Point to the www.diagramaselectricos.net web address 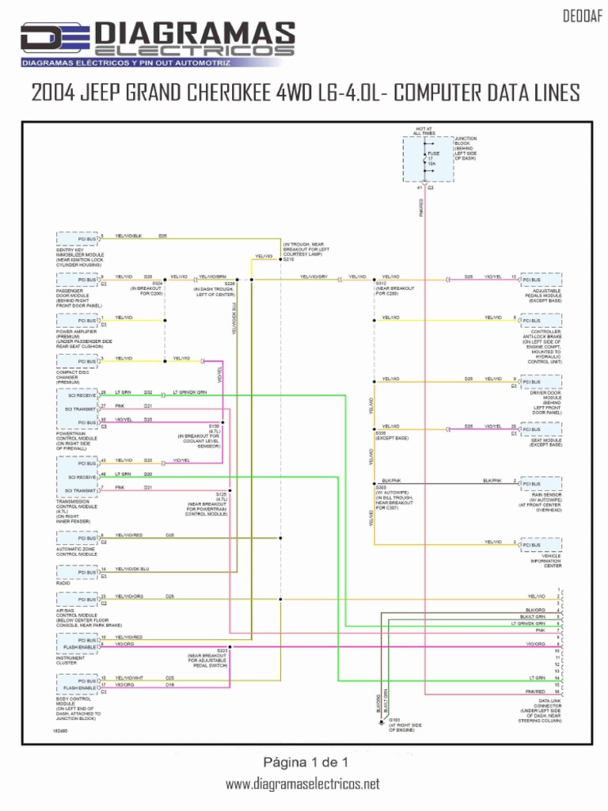click(302, 784)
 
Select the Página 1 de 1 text click(304, 762)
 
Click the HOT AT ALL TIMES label click(424, 131)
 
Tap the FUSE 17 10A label click(434, 158)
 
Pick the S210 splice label click(288, 260)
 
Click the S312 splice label click(381, 283)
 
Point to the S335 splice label click(381, 433)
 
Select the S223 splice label click(222, 649)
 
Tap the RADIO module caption click(64, 583)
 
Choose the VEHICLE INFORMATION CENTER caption click(546, 562)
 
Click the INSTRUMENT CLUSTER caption click(72, 661)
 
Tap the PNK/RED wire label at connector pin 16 click(536, 691)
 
